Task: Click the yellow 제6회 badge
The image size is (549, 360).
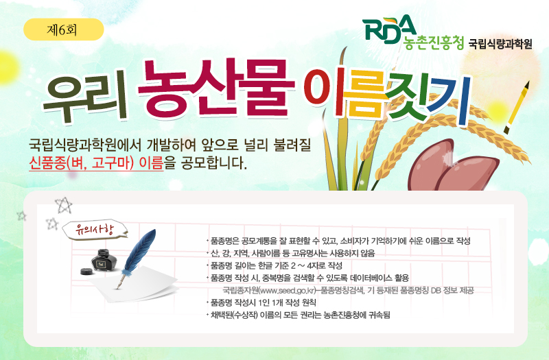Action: (x=63, y=29)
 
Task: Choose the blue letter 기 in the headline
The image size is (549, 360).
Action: (x=461, y=103)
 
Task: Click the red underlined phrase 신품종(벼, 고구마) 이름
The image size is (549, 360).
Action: (x=96, y=165)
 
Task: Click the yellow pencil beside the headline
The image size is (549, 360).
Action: (x=519, y=106)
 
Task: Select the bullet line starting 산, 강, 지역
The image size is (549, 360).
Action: (x=291, y=253)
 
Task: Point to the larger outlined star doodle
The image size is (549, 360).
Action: (x=63, y=205)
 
